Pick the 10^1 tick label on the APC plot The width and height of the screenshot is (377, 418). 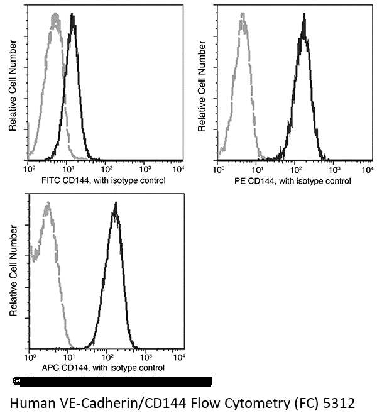click(x=67, y=357)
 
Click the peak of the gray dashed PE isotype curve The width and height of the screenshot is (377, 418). click(x=242, y=21)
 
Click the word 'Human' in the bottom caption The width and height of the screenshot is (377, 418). click(x=30, y=402)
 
